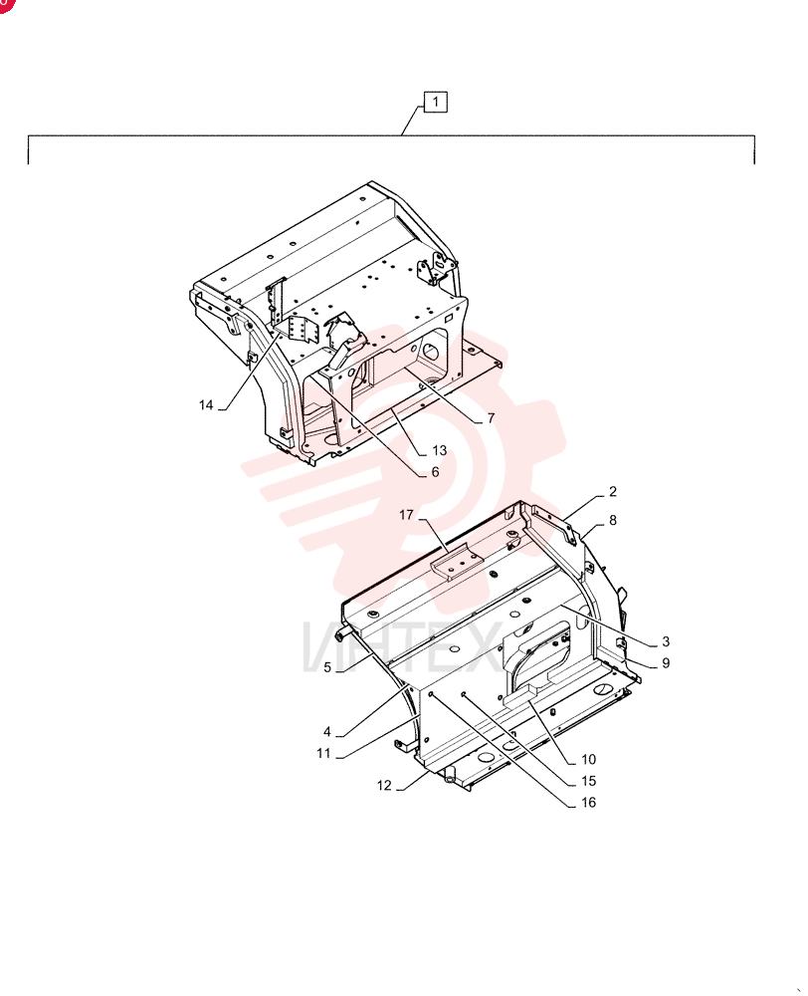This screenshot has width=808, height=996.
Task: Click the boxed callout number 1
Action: [x=436, y=102]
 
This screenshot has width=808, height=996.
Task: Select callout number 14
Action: [x=206, y=405]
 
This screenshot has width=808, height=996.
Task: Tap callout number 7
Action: [x=491, y=418]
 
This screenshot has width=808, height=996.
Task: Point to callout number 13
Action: [x=439, y=450]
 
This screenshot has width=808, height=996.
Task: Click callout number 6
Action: [x=436, y=472]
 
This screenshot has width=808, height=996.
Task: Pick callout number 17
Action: [x=406, y=515]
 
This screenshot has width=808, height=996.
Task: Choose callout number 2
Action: [x=613, y=492]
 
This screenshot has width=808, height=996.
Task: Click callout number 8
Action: [x=613, y=520]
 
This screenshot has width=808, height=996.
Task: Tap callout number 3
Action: [x=665, y=641]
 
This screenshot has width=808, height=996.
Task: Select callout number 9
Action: [x=665, y=663]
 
